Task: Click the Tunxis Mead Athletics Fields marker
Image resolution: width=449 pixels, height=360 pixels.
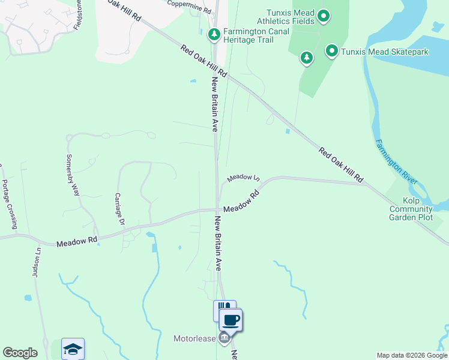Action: pos(324,16)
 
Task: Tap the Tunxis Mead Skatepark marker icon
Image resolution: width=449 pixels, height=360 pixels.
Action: pos(331,52)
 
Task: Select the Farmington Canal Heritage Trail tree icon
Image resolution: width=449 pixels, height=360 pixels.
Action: pos(213,35)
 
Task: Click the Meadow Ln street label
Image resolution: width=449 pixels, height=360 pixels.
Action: pos(243,178)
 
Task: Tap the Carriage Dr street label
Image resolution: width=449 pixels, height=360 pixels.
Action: pos(120,209)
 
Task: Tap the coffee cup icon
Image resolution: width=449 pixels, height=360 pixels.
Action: pos(231,319)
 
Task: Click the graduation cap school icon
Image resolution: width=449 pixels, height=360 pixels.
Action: pos(73,349)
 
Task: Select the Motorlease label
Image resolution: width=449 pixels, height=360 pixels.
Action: pos(194,339)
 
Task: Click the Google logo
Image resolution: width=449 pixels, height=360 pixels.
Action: pos(20,353)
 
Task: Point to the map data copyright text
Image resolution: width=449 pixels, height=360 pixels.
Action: pos(412,355)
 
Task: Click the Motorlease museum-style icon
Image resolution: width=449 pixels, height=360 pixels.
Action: pos(224,338)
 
